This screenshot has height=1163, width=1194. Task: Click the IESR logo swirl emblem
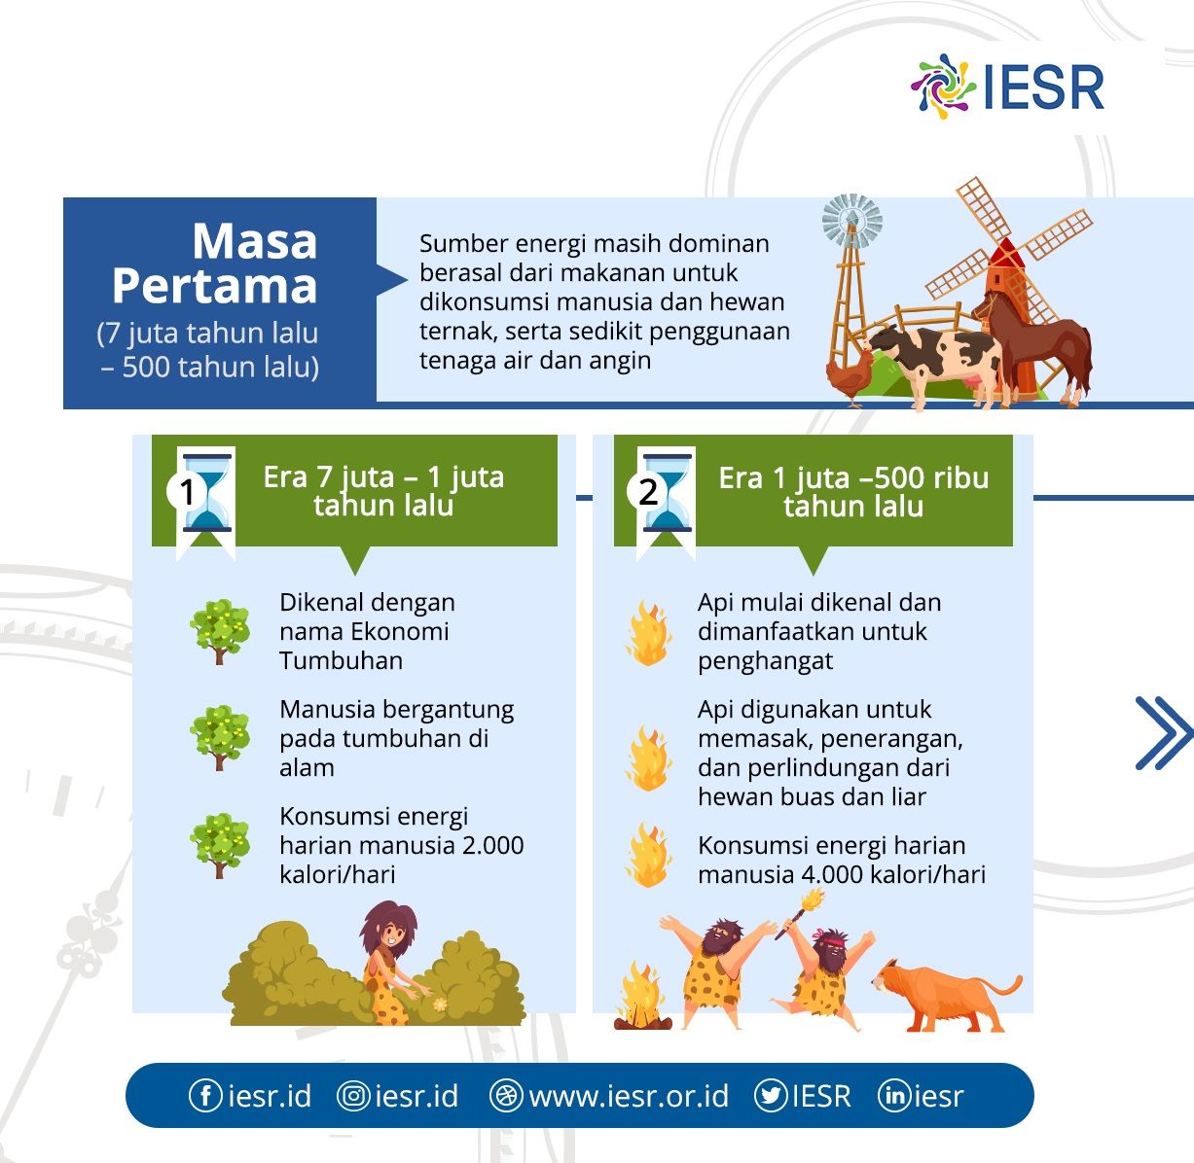point(943,87)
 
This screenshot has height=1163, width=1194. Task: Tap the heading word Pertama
point(214,286)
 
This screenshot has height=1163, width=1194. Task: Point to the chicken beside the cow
point(850,377)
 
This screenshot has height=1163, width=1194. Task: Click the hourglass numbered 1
point(206,493)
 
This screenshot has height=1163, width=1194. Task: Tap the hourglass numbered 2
point(667,493)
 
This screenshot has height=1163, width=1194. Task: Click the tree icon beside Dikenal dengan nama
point(220,631)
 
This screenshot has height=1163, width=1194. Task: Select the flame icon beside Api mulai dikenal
point(648,633)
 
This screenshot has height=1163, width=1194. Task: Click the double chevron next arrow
point(1164,732)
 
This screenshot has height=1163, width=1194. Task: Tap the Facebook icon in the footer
point(205,1095)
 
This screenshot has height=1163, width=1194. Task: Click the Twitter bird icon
point(771,1095)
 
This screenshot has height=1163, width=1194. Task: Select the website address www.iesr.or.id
point(629,1096)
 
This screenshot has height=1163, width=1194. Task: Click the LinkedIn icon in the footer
point(894,1095)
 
